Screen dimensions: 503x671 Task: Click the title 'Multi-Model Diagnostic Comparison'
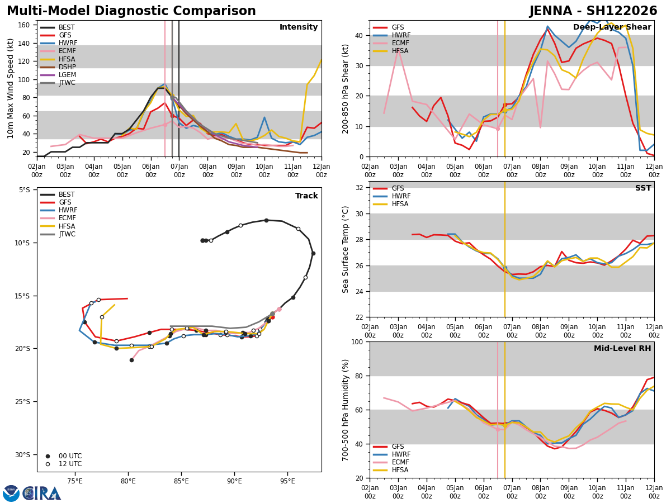pyautogui.click(x=131, y=11)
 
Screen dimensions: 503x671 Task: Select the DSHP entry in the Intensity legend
pyautogui.click(x=67, y=67)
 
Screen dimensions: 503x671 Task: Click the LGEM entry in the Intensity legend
pyautogui.click(x=67, y=75)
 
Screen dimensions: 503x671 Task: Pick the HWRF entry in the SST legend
pyautogui.click(x=401, y=196)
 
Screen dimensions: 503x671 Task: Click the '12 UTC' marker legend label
pyautogui.click(x=70, y=464)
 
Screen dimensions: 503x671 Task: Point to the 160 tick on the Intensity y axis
pyautogui.click(x=23, y=25)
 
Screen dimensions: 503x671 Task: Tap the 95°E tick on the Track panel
pyautogui.click(x=287, y=481)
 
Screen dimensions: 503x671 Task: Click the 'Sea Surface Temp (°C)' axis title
pyautogui.click(x=346, y=249)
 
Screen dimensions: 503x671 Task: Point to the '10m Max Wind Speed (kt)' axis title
pyautogui.click(x=10, y=88)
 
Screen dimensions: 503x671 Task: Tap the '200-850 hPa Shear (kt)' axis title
pyautogui.click(x=346, y=88)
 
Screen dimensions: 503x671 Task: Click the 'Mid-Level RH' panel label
pyautogui.click(x=622, y=349)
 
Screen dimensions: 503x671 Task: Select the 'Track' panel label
pyautogui.click(x=306, y=196)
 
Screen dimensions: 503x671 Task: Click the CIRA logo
pyautogui.click(x=41, y=493)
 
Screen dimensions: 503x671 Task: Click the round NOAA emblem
pyautogui.click(x=11, y=493)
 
